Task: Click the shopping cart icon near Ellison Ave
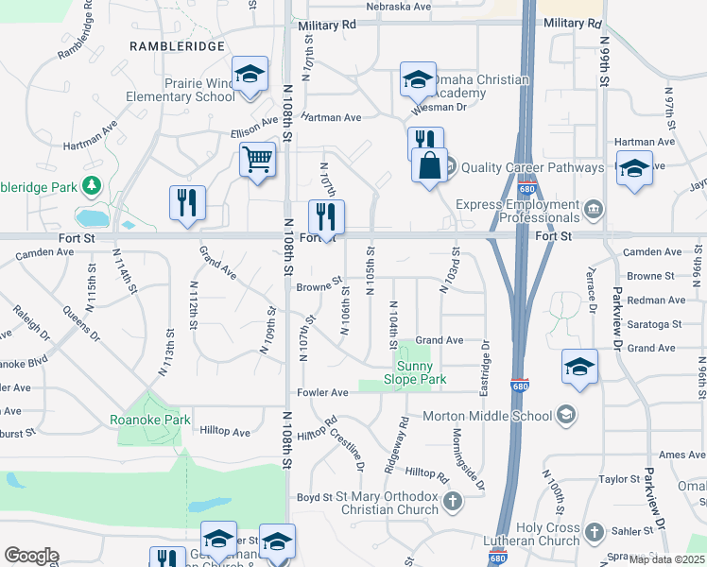coord(257,160)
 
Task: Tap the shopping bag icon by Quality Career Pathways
coord(429,165)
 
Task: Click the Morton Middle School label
coord(487,415)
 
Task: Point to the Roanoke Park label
coord(149,420)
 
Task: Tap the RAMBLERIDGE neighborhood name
coord(179,45)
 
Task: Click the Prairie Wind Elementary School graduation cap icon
coord(250,75)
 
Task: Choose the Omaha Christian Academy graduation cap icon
coord(417,81)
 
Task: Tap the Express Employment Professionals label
coord(516,211)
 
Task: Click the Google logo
coord(31,556)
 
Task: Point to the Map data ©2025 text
coord(666,559)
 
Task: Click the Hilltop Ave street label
coord(225,431)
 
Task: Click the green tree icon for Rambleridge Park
coord(93,184)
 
